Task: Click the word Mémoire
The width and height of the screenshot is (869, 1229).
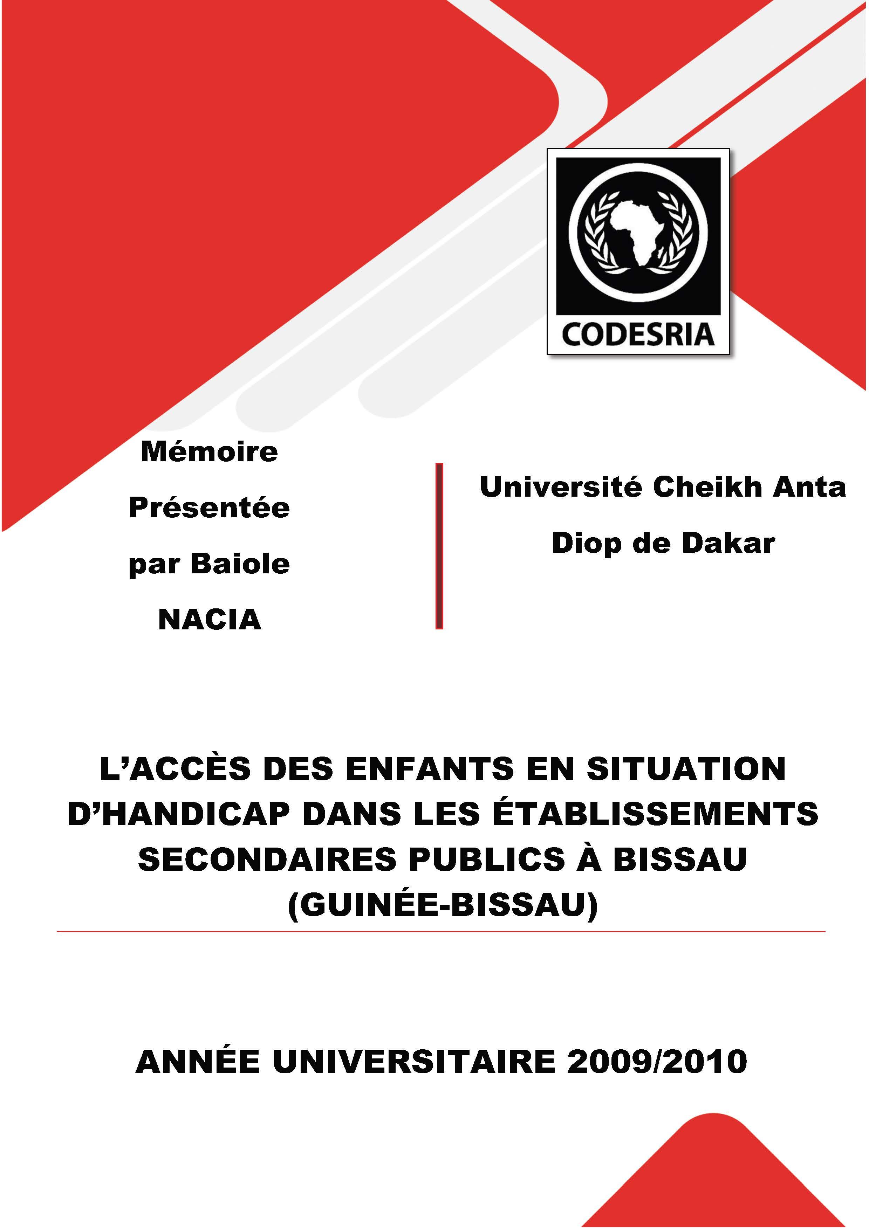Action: pyautogui.click(x=209, y=452)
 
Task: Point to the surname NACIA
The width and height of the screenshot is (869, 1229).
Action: pyautogui.click(x=209, y=620)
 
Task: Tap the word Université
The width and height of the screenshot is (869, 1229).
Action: pyautogui.click(x=562, y=487)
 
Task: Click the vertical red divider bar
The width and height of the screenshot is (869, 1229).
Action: pyautogui.click(x=439, y=546)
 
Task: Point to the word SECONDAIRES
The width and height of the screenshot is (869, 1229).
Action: pyautogui.click(x=268, y=859)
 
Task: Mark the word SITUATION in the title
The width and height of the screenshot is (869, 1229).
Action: pyautogui.click(x=686, y=769)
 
